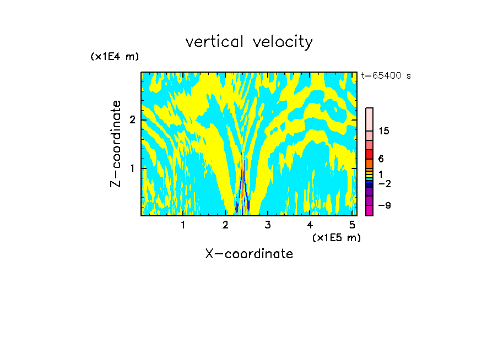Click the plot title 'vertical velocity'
point(249,42)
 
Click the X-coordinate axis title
point(249,254)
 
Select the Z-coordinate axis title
point(116,144)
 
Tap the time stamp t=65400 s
point(386,76)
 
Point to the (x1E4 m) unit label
point(115,57)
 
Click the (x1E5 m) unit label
point(336,237)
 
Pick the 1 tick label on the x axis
point(183,225)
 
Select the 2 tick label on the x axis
point(225,225)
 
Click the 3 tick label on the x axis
point(267,225)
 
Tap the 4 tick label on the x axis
point(310,225)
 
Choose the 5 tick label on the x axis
point(351,225)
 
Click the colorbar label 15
point(384,131)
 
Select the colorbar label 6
point(381,159)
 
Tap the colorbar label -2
point(384,183)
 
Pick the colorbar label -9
point(384,205)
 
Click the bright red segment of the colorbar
point(369,154)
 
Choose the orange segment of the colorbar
point(369,163)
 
